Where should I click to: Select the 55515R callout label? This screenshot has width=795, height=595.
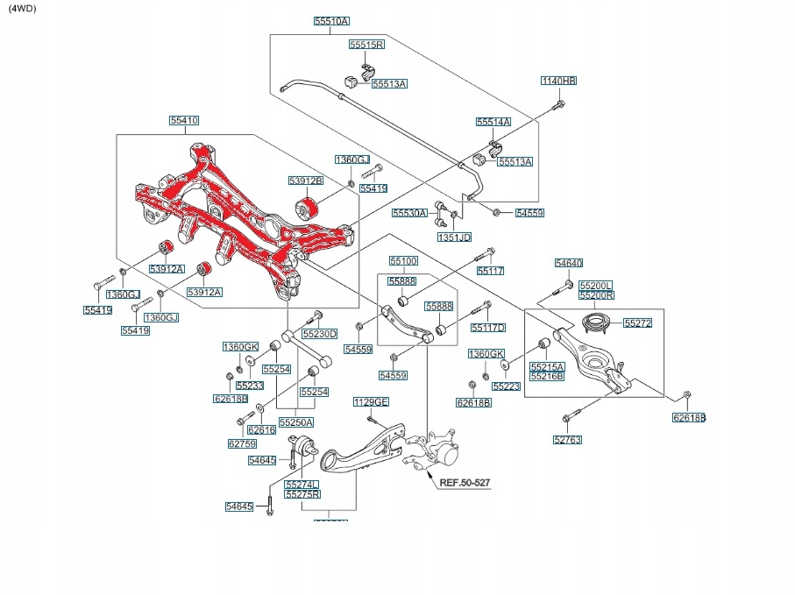point(366,44)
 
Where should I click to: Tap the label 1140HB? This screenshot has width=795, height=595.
point(558,81)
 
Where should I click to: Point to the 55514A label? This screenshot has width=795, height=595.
point(493,122)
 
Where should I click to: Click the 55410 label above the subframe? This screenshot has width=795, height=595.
point(184,120)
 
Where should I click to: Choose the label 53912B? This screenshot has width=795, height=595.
point(306,181)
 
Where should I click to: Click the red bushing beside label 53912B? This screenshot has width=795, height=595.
point(308,207)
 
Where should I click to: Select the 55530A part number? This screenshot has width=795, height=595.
point(409,213)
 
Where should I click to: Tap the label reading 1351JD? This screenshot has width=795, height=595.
point(454,237)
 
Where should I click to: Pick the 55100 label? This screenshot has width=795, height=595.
point(403,261)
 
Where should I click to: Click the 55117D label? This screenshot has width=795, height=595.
point(488,328)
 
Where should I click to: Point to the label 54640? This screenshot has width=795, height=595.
point(569,263)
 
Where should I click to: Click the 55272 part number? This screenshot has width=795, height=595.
point(638,323)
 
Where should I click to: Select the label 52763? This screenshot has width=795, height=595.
point(568,440)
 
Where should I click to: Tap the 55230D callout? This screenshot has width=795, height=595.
point(320,334)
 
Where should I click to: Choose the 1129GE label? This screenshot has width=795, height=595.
point(371,402)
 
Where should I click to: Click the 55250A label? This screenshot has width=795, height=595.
point(296,422)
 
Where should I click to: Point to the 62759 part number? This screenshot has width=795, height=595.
point(242,443)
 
